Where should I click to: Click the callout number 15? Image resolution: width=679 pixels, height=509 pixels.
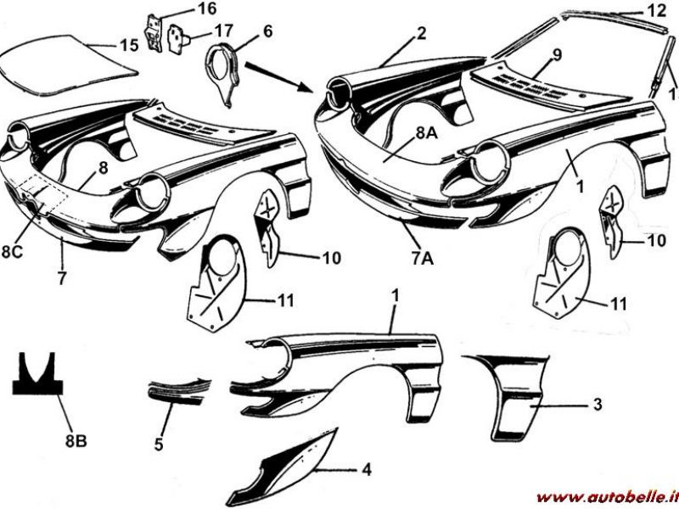click(129, 46)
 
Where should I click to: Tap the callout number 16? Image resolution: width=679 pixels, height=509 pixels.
click(207, 8)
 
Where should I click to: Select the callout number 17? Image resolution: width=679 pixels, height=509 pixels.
click(223, 31)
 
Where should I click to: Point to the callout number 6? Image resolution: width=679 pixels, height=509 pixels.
click(267, 31)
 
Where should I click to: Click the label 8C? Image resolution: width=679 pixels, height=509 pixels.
click(12, 252)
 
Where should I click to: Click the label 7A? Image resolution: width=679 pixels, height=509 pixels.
click(422, 259)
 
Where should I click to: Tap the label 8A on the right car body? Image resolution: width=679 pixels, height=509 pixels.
click(428, 134)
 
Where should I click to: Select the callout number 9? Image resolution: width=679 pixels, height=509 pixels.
click(557, 55)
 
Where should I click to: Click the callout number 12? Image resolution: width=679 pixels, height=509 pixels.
click(656, 10)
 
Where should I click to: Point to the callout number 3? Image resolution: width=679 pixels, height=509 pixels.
click(598, 405)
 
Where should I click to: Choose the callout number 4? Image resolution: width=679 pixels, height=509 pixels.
click(367, 470)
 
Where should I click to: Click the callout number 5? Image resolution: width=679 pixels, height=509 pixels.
click(159, 444)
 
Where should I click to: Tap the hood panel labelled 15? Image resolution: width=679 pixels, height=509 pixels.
click(69, 64)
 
